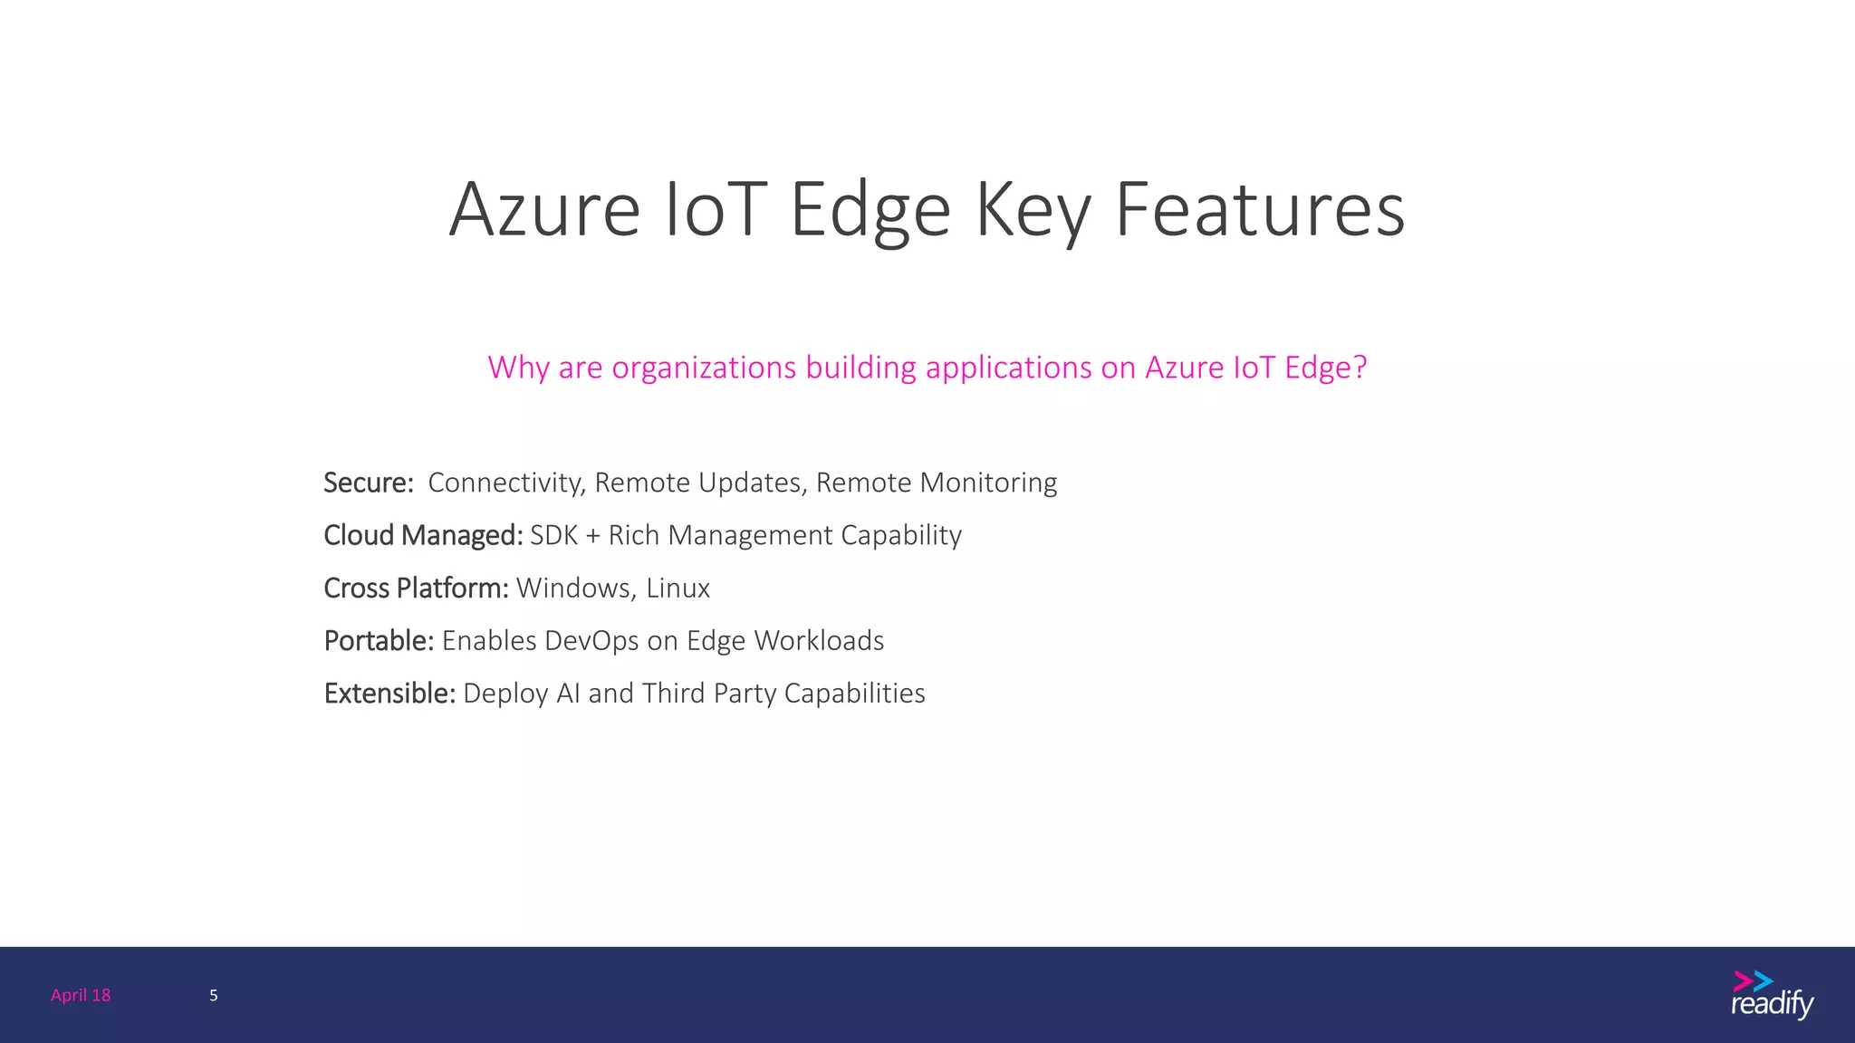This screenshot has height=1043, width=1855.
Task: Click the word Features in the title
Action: pyautogui.click(x=1259, y=210)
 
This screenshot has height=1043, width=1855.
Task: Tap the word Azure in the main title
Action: pyautogui.click(x=544, y=210)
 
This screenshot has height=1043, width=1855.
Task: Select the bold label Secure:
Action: pyautogui.click(x=369, y=483)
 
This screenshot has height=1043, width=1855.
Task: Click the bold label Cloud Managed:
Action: pyautogui.click(x=423, y=535)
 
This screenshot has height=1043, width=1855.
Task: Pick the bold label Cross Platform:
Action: pyautogui.click(x=416, y=588)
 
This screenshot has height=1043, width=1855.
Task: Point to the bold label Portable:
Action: pyautogui.click(x=379, y=641)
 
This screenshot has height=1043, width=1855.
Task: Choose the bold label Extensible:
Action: pyautogui.click(x=389, y=694)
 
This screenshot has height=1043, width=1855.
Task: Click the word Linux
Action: pyautogui.click(x=678, y=588)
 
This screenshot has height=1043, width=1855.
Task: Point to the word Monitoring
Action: pyautogui.click(x=988, y=483)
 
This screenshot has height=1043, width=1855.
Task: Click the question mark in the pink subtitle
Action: pyautogui.click(x=1359, y=368)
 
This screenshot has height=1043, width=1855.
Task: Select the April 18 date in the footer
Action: pyautogui.click(x=81, y=995)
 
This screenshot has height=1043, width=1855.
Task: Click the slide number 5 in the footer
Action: pyautogui.click(x=214, y=995)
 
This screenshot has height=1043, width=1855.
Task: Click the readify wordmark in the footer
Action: pyautogui.click(x=1772, y=1005)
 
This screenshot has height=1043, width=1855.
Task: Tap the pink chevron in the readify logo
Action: pyautogui.click(x=1742, y=981)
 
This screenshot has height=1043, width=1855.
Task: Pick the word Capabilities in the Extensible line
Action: pyautogui.click(x=854, y=694)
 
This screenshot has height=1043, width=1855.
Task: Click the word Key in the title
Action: pyautogui.click(x=1033, y=210)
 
